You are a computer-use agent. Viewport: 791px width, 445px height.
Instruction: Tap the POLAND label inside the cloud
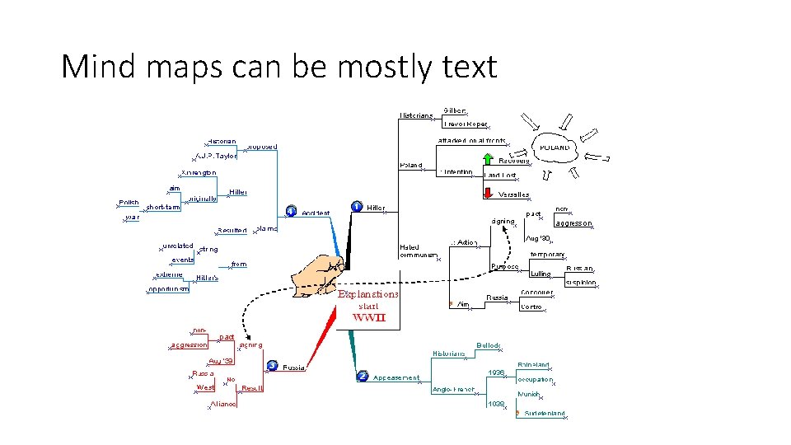coord(555,148)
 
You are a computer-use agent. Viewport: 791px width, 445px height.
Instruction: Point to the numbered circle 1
coord(356,207)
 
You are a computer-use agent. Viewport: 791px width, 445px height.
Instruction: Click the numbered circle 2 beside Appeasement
coord(363,377)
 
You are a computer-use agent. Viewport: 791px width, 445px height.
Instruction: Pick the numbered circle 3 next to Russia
coord(271,365)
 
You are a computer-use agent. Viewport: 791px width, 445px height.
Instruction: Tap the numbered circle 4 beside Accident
coord(290,212)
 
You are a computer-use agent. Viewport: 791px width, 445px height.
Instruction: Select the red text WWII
coord(369,317)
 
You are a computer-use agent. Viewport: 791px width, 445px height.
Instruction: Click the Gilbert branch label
coord(455,110)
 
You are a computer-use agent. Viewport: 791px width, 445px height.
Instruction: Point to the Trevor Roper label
coord(465,124)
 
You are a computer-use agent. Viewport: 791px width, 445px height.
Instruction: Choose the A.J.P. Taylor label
coord(216,156)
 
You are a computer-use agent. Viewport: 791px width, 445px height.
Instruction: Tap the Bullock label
coord(488,345)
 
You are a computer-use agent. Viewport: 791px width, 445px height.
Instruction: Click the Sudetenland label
coord(544,413)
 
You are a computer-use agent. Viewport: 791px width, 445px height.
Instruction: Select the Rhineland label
coord(534,364)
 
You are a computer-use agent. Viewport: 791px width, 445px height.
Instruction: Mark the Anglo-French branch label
coord(453,389)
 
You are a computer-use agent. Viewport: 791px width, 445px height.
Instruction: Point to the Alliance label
coord(223,404)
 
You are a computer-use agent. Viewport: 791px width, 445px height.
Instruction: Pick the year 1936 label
coord(496,372)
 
